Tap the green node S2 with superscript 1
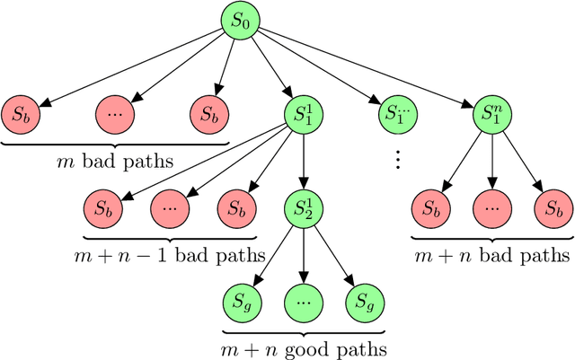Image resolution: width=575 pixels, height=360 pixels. click(x=302, y=207)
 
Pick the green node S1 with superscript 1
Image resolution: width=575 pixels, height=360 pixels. click(x=302, y=115)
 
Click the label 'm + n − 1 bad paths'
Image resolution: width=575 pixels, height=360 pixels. click(x=169, y=253)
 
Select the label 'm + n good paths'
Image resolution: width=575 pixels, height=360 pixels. click(x=302, y=346)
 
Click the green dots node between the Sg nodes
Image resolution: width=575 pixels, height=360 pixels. click(x=302, y=299)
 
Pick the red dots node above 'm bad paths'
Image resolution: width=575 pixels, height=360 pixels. click(x=114, y=115)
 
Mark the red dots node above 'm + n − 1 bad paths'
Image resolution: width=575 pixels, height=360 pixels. click(x=169, y=207)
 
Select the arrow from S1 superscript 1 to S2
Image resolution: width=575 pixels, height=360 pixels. click(x=302, y=162)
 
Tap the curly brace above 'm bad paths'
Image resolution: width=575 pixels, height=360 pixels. click(x=114, y=141)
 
